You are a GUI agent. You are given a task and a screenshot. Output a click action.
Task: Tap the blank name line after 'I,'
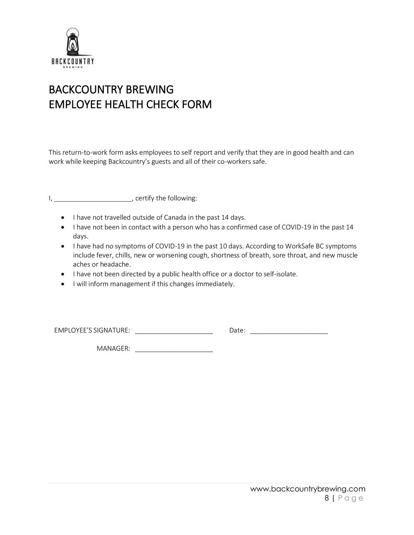pos(93,199)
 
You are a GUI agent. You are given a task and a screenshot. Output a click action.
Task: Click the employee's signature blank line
pos(174,331)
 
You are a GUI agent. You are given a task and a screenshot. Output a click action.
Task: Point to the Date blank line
pos(289,331)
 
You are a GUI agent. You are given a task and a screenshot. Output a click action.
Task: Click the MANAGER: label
pos(113,349)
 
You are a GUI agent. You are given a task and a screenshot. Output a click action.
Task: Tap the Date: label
pos(237,330)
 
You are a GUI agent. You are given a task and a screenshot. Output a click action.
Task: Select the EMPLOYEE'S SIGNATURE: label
pos(92,330)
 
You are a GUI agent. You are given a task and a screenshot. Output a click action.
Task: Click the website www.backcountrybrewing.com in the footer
pos(308,490)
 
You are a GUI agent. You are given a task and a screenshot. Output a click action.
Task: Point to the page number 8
pos(327,498)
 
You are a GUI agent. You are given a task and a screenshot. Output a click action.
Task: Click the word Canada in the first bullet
pos(175,217)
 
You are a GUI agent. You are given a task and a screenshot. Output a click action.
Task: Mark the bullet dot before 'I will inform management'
pos(62,284)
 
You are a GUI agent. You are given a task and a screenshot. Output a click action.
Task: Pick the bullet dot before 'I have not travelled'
pos(62,217)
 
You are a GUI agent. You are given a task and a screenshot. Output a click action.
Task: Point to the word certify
pos(144,198)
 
